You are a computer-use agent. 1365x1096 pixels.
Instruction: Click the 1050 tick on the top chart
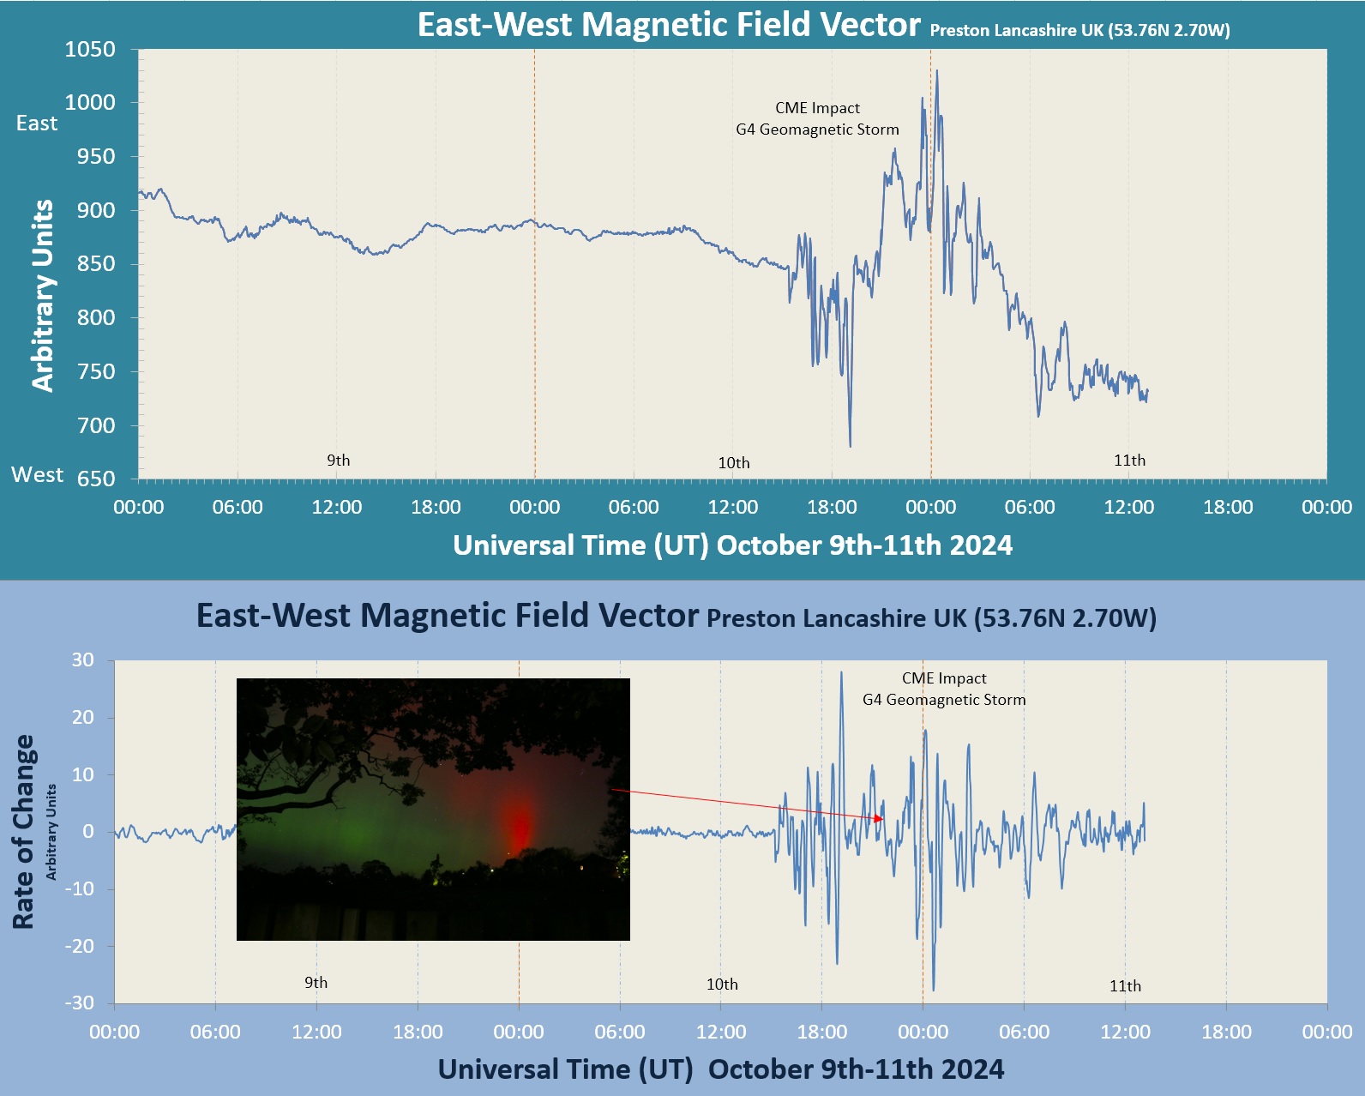(90, 50)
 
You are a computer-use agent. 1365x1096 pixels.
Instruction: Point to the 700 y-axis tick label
(96, 425)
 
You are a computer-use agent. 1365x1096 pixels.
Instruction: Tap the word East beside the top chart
(37, 123)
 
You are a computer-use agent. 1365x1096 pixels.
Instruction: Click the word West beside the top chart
(37, 475)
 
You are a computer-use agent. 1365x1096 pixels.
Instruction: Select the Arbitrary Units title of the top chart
(42, 296)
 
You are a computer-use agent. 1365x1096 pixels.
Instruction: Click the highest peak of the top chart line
(936, 71)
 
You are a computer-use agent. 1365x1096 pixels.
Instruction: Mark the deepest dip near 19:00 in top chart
(850, 445)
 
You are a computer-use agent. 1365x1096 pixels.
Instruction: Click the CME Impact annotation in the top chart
(817, 108)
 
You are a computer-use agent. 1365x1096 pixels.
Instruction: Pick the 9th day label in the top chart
(338, 461)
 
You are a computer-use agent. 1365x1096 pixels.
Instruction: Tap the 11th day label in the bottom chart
(1125, 986)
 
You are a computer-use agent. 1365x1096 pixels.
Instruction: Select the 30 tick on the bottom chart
(83, 659)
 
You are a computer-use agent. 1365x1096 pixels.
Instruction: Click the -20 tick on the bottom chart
(80, 946)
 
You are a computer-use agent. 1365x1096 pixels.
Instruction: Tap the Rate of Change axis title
(23, 831)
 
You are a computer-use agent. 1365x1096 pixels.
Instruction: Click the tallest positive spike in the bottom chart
(841, 672)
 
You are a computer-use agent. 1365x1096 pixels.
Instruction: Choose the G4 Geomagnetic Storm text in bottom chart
(944, 700)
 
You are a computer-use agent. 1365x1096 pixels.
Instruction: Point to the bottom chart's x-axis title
(720, 1069)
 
